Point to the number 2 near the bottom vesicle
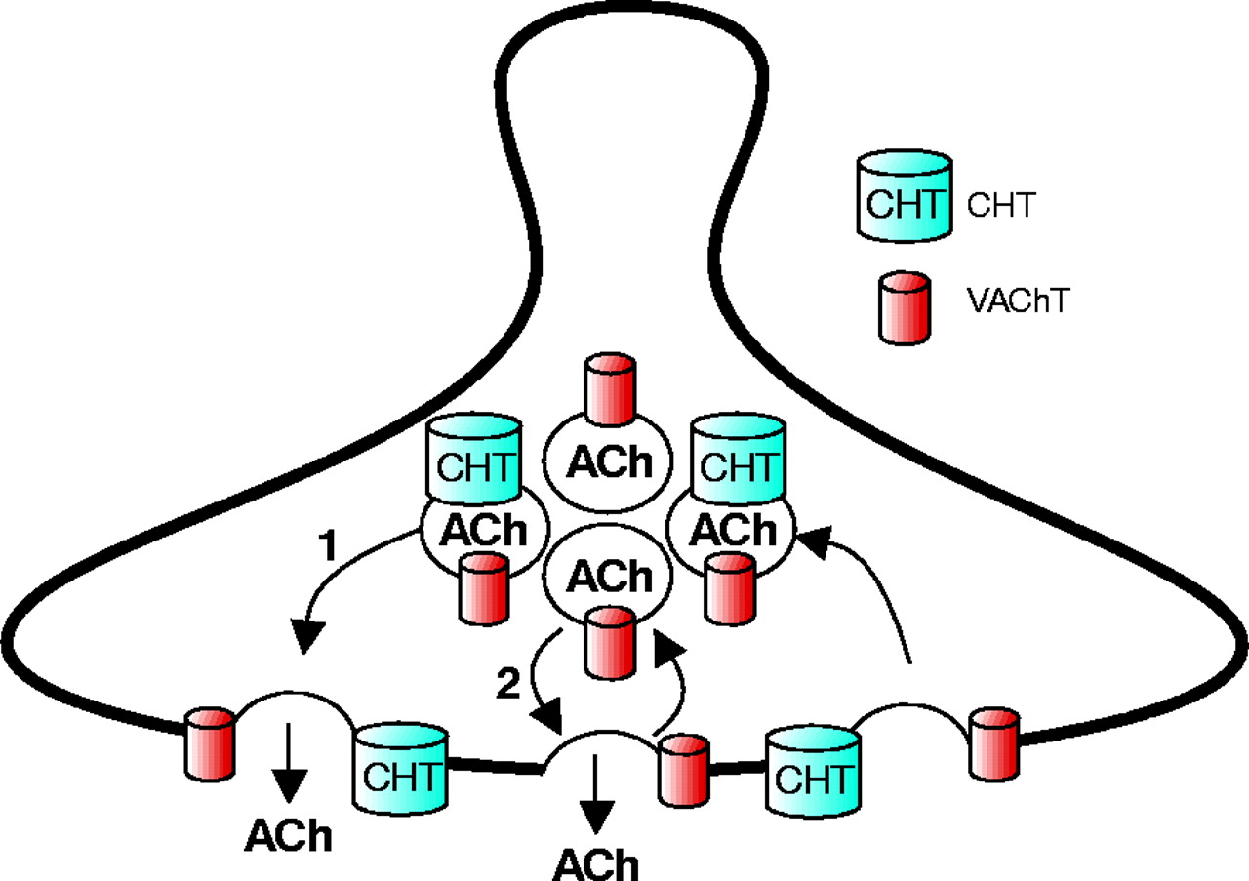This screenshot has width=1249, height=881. click(x=507, y=684)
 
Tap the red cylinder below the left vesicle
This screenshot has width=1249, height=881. click(x=482, y=588)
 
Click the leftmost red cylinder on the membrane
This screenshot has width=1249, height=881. click(x=209, y=744)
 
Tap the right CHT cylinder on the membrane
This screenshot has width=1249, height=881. click(x=813, y=771)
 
